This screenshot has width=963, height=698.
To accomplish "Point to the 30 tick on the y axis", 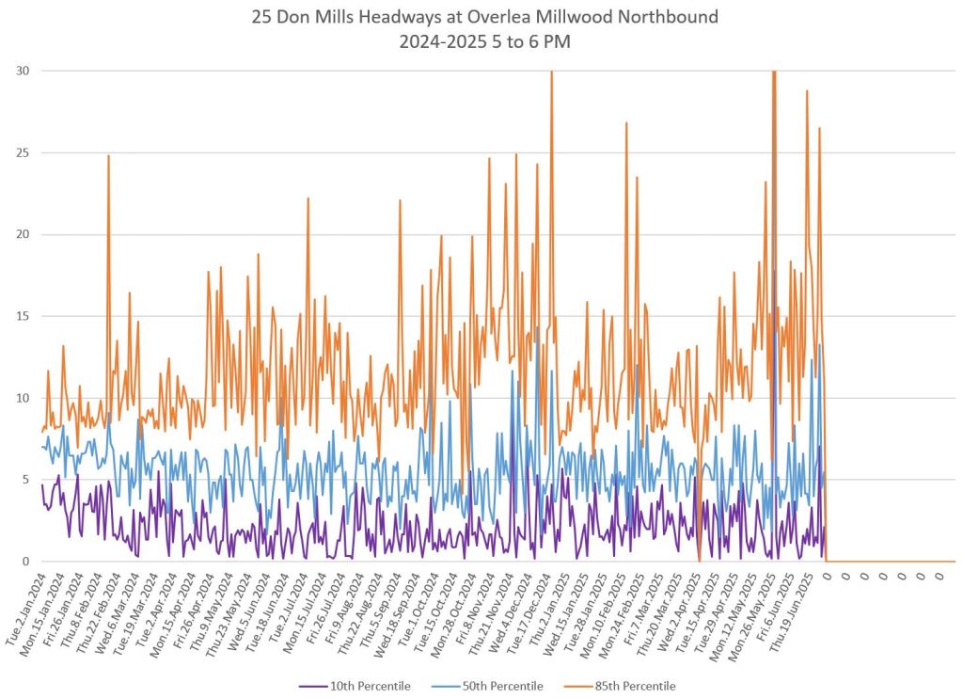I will point(21,71).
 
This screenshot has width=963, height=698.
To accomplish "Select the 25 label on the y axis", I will point(21,152).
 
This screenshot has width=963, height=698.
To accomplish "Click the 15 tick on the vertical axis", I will point(21,316).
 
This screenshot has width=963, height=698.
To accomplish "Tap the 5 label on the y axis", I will point(24,480).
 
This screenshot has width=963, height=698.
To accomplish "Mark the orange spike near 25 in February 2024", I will point(108,156).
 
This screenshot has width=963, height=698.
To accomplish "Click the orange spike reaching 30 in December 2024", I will point(551,73).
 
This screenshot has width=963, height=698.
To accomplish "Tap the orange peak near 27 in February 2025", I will point(626,123).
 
